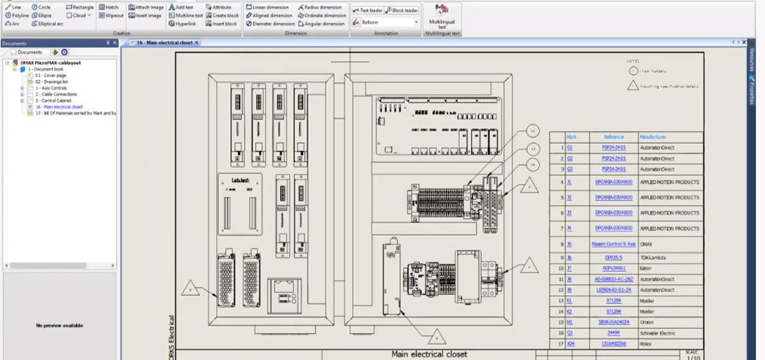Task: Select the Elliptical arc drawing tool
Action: [47, 24]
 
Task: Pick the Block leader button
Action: [402, 10]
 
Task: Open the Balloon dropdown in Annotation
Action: [416, 22]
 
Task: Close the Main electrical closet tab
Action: [197, 43]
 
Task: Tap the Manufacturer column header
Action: [653, 137]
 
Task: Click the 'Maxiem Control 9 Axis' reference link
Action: [613, 244]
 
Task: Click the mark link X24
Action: [571, 344]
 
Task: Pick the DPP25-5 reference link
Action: [613, 257]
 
